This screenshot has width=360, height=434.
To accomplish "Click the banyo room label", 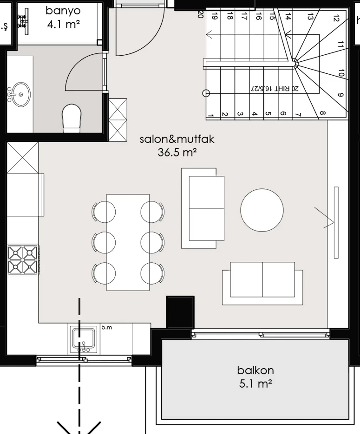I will click(63, 11).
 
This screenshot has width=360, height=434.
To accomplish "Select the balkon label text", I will click(255, 370).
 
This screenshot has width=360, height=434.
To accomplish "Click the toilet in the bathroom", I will click(72, 117).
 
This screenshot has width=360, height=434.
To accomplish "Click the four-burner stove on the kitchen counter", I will click(23, 259).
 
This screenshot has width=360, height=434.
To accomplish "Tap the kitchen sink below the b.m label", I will click(83, 340).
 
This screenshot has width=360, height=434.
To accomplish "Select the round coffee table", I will click(262, 210).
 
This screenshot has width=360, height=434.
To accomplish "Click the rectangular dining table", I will click(128, 242).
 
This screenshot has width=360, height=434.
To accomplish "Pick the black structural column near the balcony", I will click(180, 312).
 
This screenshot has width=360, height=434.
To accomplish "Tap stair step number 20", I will click(200, 15).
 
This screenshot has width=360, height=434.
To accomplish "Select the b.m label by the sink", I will click(106, 328).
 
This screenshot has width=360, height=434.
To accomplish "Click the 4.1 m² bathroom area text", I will click(63, 24).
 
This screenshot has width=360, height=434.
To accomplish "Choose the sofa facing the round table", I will click(203, 208).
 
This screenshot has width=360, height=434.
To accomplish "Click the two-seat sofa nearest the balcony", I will click(262, 283).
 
